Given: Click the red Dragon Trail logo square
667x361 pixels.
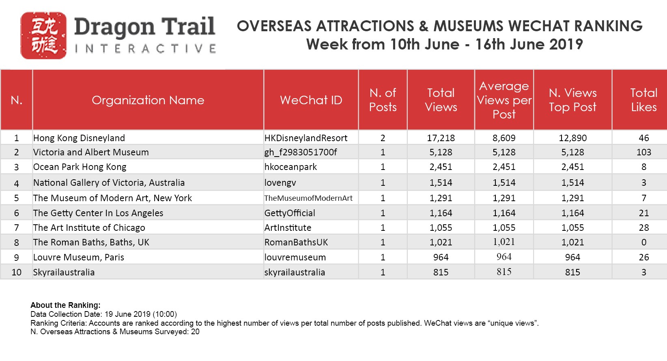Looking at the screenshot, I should coord(43,36).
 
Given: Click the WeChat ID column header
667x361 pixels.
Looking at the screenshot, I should coord(311,100).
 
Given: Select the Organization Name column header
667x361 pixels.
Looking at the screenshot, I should coord(148,100).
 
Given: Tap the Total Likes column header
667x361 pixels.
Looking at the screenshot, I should coord(643,100).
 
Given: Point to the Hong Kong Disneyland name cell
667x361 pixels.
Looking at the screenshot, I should coord(79,138).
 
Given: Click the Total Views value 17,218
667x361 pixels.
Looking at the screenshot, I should coord(441,138).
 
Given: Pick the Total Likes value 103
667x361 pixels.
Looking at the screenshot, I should coord(643,153).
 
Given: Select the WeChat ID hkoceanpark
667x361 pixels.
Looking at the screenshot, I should coord(290,167).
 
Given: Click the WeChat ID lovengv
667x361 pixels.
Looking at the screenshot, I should coord(280,183).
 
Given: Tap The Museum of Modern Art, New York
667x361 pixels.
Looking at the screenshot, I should coord(112,198).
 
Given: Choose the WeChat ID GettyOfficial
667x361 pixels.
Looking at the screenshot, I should coord(290,213).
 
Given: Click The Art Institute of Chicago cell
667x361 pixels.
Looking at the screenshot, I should coord(89,228).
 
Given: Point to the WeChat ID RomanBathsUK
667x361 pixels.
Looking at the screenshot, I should coord(296,243).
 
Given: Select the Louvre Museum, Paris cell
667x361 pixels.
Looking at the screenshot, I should coord(79,258).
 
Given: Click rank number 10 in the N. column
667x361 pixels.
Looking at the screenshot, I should coord(16,272).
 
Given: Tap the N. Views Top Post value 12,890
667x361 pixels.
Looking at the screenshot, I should coord(572,138).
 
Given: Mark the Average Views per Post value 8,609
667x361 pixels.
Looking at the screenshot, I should coord(504,138).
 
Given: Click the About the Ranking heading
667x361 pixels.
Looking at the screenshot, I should coord(65,305).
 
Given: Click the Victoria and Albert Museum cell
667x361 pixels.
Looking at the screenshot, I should coord(91,153).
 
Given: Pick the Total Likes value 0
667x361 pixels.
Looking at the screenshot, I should coord(643,243).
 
